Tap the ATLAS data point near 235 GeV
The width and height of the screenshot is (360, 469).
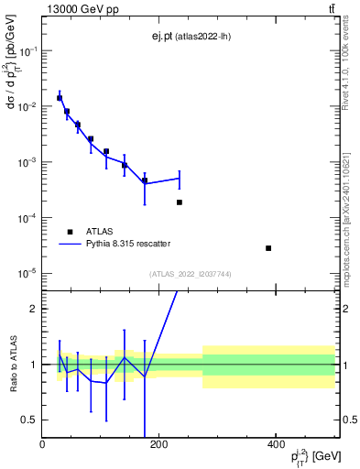180,202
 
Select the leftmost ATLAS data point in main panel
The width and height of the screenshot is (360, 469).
60,98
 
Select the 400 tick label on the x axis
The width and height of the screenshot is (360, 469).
276,444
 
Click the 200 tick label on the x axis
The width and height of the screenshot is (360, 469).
158,444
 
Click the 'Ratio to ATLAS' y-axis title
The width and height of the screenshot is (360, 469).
12,364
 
